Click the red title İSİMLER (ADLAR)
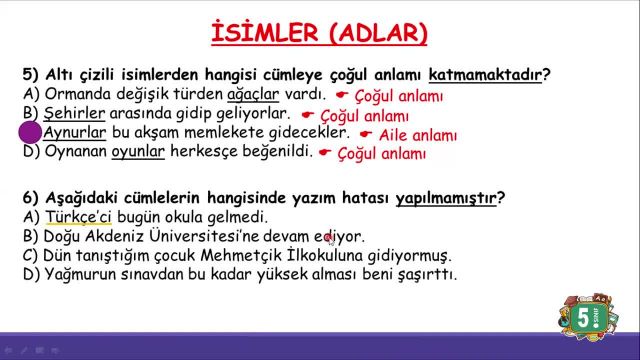click(x=320, y=33)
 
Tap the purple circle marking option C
click(x=30, y=133)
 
